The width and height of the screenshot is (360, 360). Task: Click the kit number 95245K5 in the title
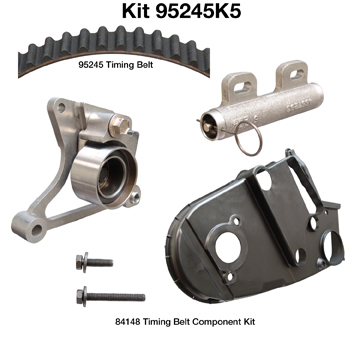pos(198,12)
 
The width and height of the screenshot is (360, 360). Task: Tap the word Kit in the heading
pos(136,12)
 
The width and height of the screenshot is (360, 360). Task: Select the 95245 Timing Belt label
pos(116,65)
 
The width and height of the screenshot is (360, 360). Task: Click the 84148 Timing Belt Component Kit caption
pos(185,322)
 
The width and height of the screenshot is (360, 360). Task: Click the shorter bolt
pos(94,262)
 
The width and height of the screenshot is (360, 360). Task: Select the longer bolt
pos(110,296)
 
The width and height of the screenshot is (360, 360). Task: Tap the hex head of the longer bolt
pos(80,296)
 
